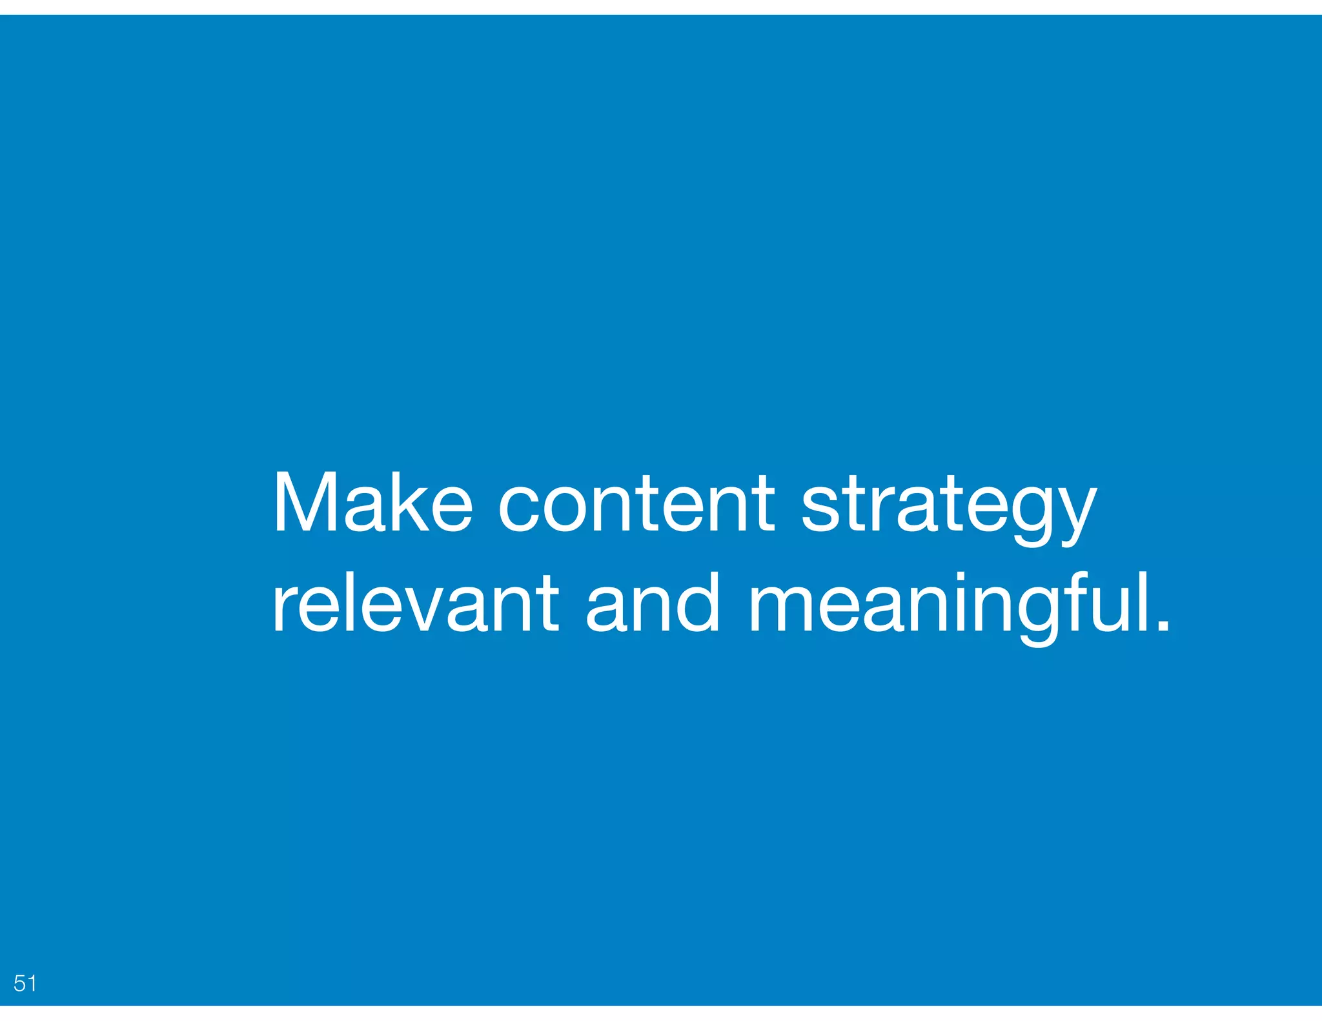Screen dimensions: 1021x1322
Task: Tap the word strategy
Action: coord(948,507)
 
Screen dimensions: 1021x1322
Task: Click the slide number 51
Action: coord(25,983)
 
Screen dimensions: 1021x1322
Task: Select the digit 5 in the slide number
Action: coord(19,983)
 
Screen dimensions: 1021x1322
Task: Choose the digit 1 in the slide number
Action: coord(31,983)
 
